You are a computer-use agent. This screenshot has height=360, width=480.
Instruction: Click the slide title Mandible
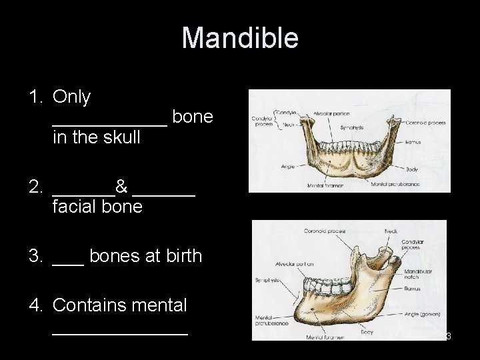(x=240, y=38)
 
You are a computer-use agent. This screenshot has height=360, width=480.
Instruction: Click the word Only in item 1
(x=71, y=97)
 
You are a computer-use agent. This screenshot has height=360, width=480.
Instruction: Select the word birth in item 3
(x=180, y=255)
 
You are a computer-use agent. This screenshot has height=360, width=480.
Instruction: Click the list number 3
(x=36, y=255)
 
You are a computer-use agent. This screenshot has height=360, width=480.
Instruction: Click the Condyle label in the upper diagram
(x=285, y=111)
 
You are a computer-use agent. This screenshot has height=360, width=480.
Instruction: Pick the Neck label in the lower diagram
(x=392, y=231)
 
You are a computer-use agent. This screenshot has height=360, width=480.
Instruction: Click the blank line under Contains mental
(x=120, y=331)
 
